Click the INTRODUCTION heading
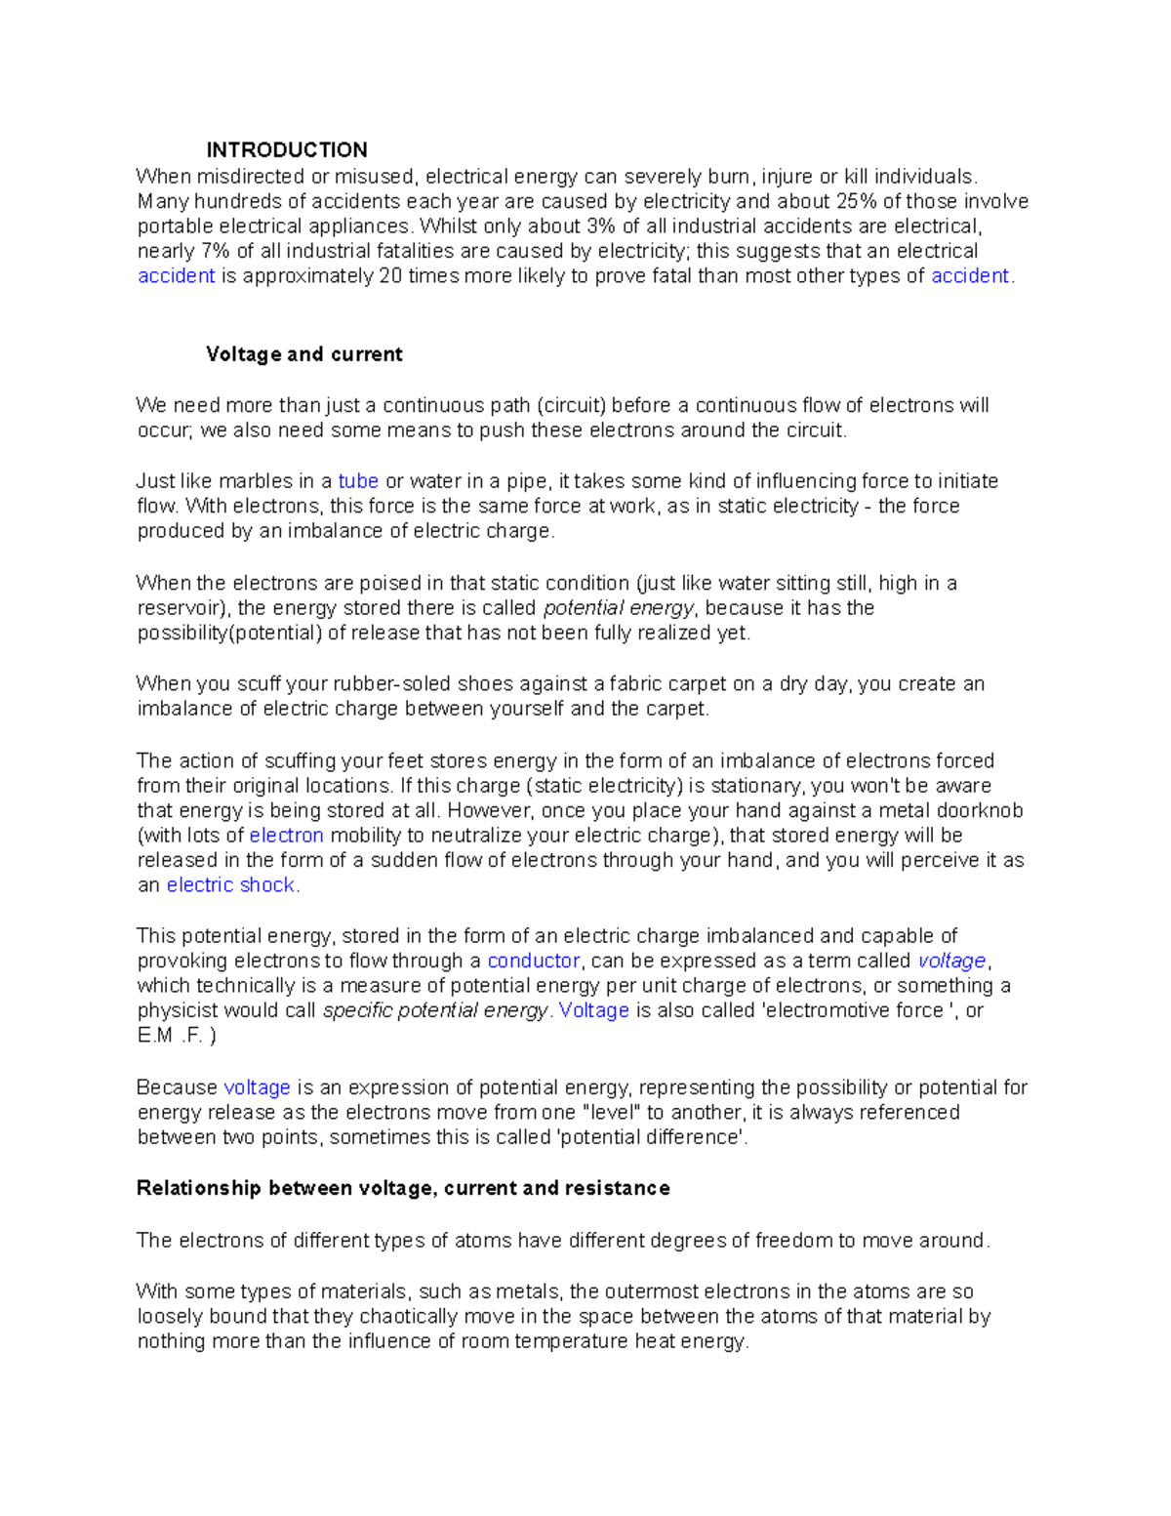pos(286,150)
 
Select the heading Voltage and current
pos(303,354)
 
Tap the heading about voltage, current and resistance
pos(403,1188)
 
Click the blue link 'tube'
pos(358,481)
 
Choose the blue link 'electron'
pos(286,836)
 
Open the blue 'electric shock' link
pos(230,885)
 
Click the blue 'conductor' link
pos(534,961)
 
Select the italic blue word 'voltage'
pos(952,961)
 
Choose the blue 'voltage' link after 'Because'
pos(257,1087)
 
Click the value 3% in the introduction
pos(602,226)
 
